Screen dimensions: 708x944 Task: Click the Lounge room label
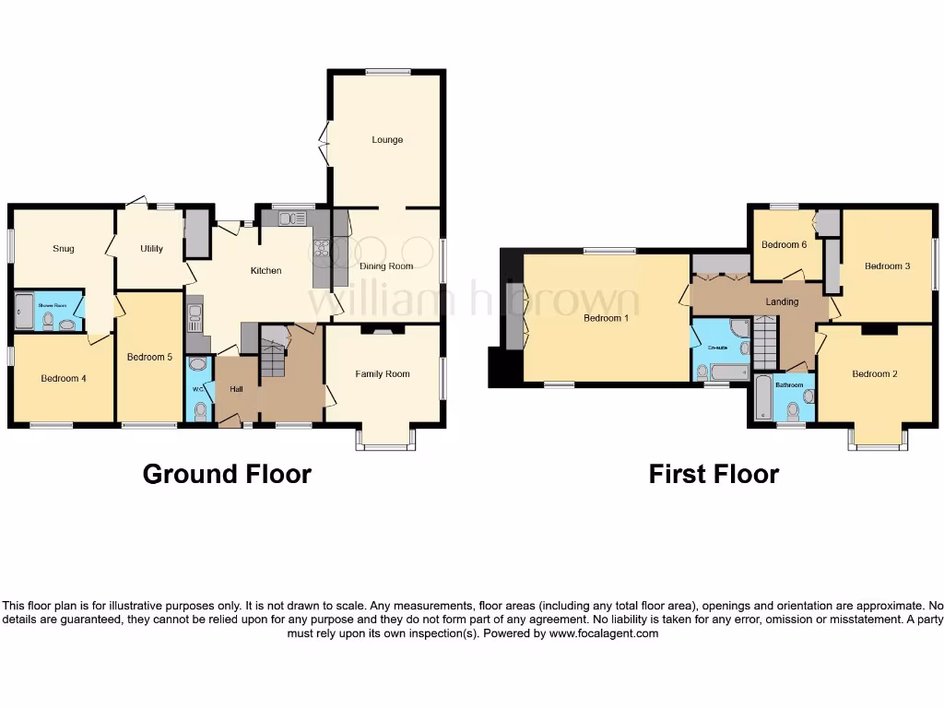coord(387,140)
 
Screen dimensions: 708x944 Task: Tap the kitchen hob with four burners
coord(322,250)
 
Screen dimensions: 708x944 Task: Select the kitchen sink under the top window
coord(292,218)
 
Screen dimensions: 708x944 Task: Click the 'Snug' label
coord(63,249)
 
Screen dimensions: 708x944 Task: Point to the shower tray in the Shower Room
coord(23,313)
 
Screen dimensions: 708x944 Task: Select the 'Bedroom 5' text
coord(148,358)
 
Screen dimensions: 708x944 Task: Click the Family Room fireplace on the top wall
coord(383,329)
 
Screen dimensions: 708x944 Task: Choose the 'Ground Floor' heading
coord(226,474)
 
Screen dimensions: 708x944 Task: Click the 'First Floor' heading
coord(714,474)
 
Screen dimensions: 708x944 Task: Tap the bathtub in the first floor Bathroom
coord(762,398)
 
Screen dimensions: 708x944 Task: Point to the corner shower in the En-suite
coord(737,329)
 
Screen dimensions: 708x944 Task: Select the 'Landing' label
coord(781,301)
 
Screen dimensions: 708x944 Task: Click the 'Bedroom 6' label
coord(784,244)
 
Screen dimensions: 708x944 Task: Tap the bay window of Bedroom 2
coord(878,441)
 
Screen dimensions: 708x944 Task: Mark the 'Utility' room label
coord(151,249)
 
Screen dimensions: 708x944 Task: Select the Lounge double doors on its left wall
coord(324,143)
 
